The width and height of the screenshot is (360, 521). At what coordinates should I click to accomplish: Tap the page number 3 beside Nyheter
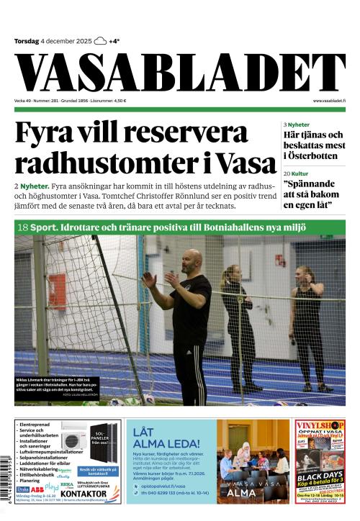pyautogui.click(x=285, y=124)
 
